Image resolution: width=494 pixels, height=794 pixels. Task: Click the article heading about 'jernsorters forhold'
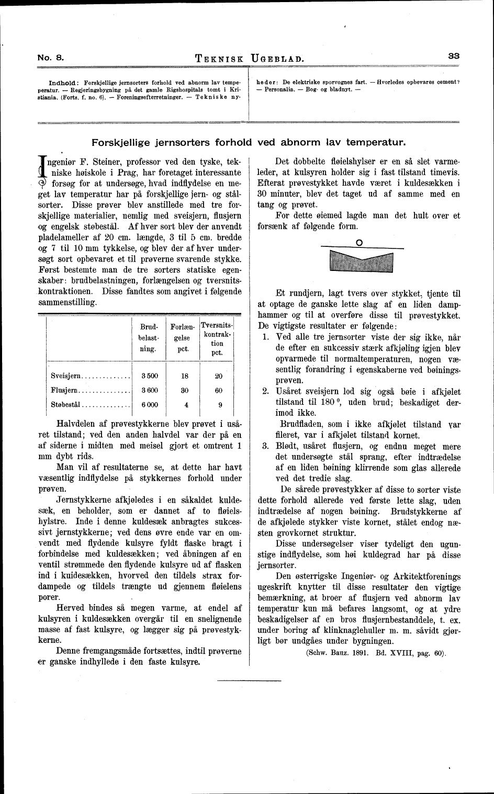click(249, 142)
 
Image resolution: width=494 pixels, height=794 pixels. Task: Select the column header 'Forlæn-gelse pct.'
click(183, 338)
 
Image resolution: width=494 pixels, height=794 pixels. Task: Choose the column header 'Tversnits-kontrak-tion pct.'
click(217, 338)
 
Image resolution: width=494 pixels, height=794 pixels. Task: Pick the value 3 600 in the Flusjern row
click(149, 390)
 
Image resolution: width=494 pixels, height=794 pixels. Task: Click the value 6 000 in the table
click(149, 404)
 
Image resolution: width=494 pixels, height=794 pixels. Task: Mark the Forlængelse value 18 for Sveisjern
click(184, 376)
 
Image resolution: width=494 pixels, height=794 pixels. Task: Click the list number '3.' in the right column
click(266, 446)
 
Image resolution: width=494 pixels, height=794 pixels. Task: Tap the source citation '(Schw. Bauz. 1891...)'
click(375, 653)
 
